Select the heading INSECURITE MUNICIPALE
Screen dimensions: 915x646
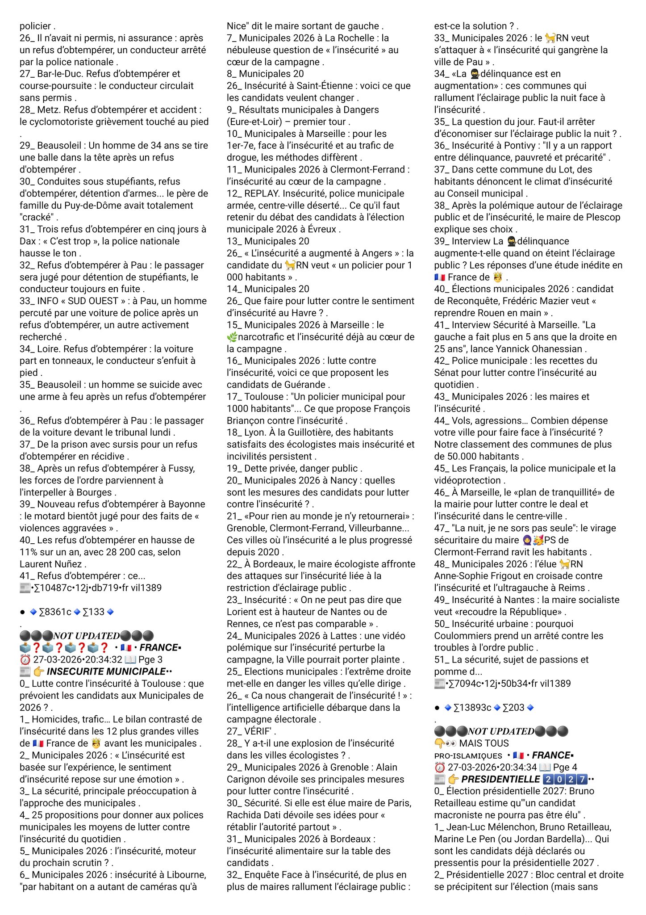tap(106, 672)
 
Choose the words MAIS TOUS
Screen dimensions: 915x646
tap(484, 743)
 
